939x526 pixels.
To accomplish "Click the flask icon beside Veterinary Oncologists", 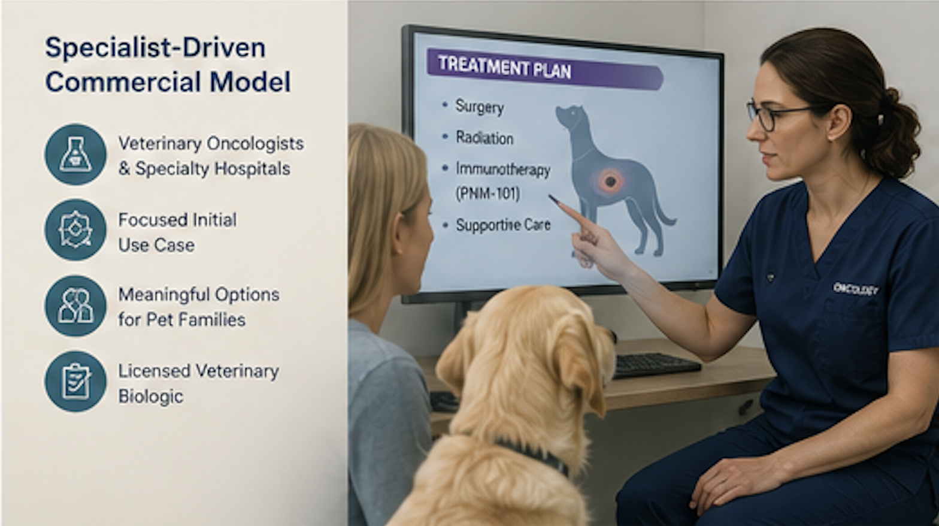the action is click(75, 155).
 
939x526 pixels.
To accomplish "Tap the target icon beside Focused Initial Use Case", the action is click(75, 230).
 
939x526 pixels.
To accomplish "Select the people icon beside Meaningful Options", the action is click(75, 306).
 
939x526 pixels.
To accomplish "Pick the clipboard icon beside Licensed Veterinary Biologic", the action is click(75, 381).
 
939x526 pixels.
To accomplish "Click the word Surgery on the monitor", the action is click(480, 107).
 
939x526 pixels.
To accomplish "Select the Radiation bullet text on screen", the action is click(484, 138).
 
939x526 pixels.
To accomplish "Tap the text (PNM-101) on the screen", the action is click(487, 194).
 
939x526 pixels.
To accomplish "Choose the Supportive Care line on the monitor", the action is click(503, 225).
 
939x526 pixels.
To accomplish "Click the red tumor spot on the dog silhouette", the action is click(609, 181).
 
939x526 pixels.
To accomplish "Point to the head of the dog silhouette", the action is click(571, 116).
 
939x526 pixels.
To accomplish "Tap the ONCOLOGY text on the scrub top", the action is click(855, 289).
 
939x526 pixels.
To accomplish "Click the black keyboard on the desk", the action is click(656, 364).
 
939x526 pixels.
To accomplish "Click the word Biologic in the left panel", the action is click(151, 397).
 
